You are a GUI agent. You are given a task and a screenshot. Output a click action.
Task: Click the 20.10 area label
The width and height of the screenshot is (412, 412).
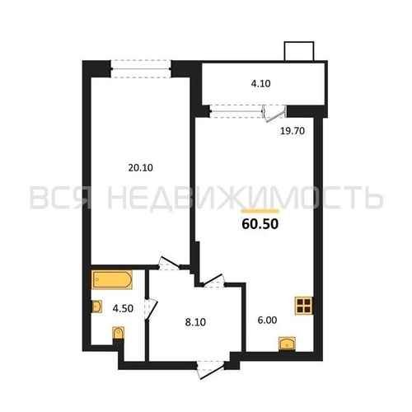pos(140,167)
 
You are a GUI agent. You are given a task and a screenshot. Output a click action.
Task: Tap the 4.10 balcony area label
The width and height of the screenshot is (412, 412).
pos(260,83)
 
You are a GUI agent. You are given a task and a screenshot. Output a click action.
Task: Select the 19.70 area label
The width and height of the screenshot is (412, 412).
pos(293,131)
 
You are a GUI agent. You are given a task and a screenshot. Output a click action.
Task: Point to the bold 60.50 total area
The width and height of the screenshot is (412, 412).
pos(260,224)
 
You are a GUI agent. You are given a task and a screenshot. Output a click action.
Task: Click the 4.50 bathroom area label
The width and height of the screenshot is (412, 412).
pos(123,308)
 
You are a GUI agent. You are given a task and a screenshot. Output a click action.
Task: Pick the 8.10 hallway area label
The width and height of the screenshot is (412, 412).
pos(195,322)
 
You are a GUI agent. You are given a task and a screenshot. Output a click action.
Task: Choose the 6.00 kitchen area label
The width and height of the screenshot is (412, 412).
pos(267,320)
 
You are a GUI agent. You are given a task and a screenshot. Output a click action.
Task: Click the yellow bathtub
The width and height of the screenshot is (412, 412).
pos(112,279)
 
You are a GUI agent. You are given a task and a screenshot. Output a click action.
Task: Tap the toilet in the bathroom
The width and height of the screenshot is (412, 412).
pos(119,333)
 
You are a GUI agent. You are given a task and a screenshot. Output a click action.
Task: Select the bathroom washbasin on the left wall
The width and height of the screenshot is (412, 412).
pos(96,307)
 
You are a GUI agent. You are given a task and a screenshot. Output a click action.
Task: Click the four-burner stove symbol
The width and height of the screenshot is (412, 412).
pos(304,306)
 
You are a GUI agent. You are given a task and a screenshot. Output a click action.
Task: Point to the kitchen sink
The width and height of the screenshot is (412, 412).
pos(287,344)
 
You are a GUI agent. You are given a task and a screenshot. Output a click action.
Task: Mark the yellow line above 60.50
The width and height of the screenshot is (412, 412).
pos(260,211)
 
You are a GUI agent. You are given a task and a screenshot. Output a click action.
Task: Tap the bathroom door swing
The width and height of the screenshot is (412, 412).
pos(152,309)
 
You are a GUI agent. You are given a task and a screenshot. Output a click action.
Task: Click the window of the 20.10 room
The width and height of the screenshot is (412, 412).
pos(141,68)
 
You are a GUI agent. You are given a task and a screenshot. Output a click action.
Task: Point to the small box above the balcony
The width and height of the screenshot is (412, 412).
pos(299,51)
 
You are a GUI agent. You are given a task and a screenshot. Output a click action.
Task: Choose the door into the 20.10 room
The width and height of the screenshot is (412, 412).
pos(169,264)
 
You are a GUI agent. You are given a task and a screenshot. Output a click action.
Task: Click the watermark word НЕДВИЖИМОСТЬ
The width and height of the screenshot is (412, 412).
pos(245,197)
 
